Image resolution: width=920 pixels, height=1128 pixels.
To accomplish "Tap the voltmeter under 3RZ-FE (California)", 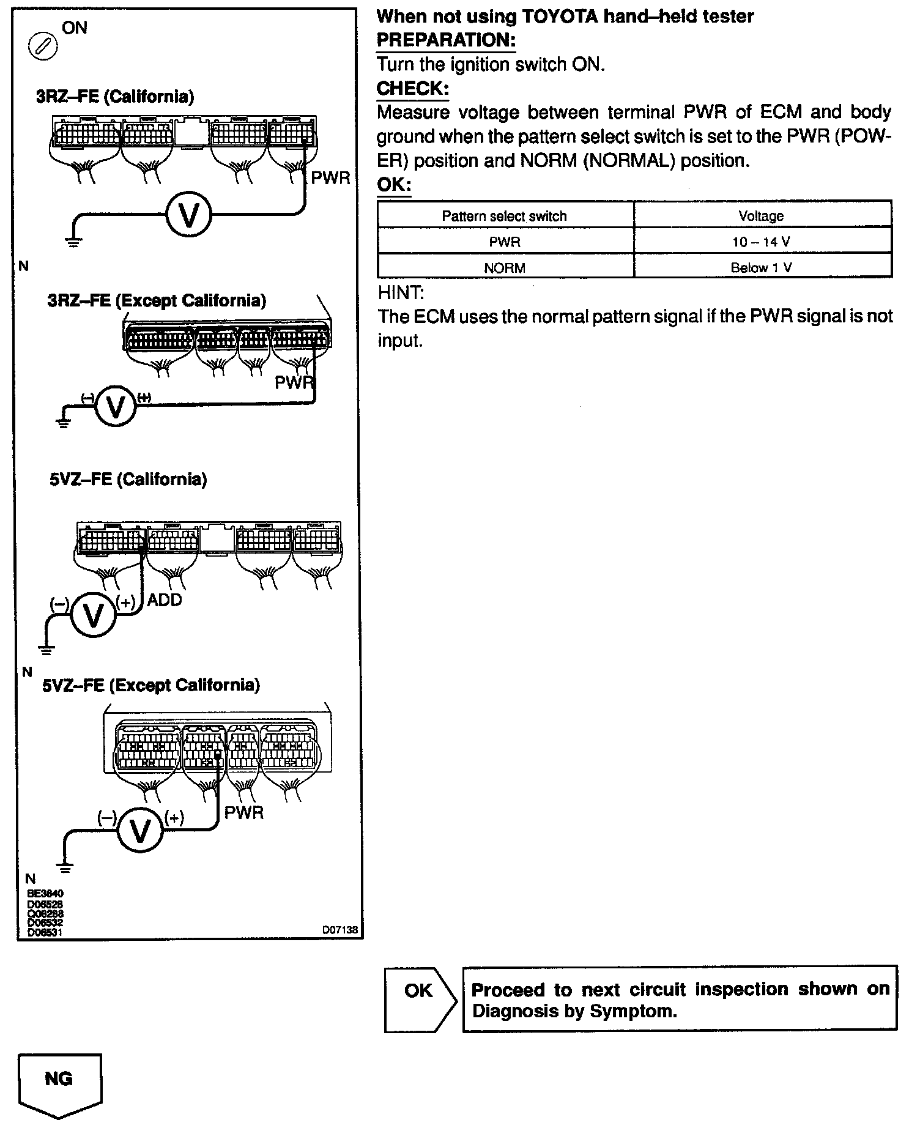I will coord(189,215).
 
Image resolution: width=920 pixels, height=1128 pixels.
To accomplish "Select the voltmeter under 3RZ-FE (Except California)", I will coord(116,406).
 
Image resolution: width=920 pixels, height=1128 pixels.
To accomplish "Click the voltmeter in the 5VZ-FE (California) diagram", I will coord(93,615).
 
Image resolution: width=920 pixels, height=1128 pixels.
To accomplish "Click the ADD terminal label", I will coord(165,600).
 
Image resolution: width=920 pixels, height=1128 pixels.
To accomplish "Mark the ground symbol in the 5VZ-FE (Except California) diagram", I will coord(64,867).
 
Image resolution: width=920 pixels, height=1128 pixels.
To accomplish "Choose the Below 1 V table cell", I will coord(762,268).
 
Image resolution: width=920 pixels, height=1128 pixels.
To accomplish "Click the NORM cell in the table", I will coord(505,268).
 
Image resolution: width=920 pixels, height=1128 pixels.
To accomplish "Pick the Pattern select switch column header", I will coord(505,216).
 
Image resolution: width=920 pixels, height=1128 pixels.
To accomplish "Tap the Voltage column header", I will coord(762,216).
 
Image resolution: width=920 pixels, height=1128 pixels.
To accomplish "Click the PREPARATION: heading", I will coord(446,40).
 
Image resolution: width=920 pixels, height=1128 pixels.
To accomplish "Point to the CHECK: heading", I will coord(412,89).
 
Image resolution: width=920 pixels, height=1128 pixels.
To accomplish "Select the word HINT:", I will coord(401,293).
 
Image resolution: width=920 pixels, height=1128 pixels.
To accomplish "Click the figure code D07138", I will coord(340,930).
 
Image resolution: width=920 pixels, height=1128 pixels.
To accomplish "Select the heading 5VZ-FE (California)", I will coord(128,479).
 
